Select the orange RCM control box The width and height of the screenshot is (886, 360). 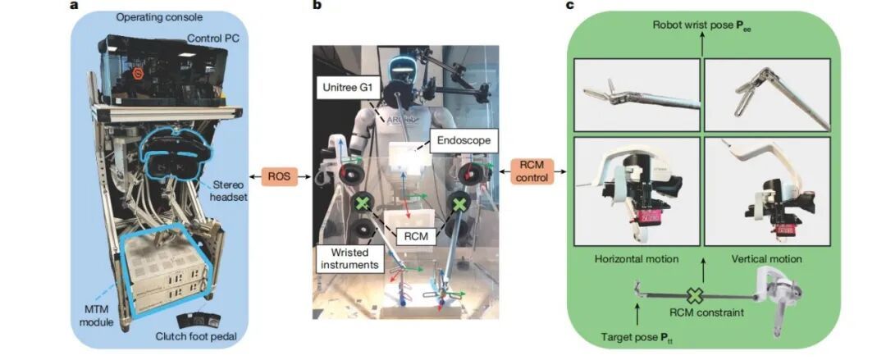coord(532,171)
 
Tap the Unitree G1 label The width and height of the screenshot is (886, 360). coord(346,89)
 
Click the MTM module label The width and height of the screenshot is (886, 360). coord(97,317)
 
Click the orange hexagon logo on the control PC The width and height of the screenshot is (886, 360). coord(137,74)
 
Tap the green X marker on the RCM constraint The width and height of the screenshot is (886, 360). coord(695,295)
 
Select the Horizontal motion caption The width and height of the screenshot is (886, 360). coord(637,259)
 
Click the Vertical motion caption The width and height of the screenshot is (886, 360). coord(766,259)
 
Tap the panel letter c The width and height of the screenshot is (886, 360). coord(569,5)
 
